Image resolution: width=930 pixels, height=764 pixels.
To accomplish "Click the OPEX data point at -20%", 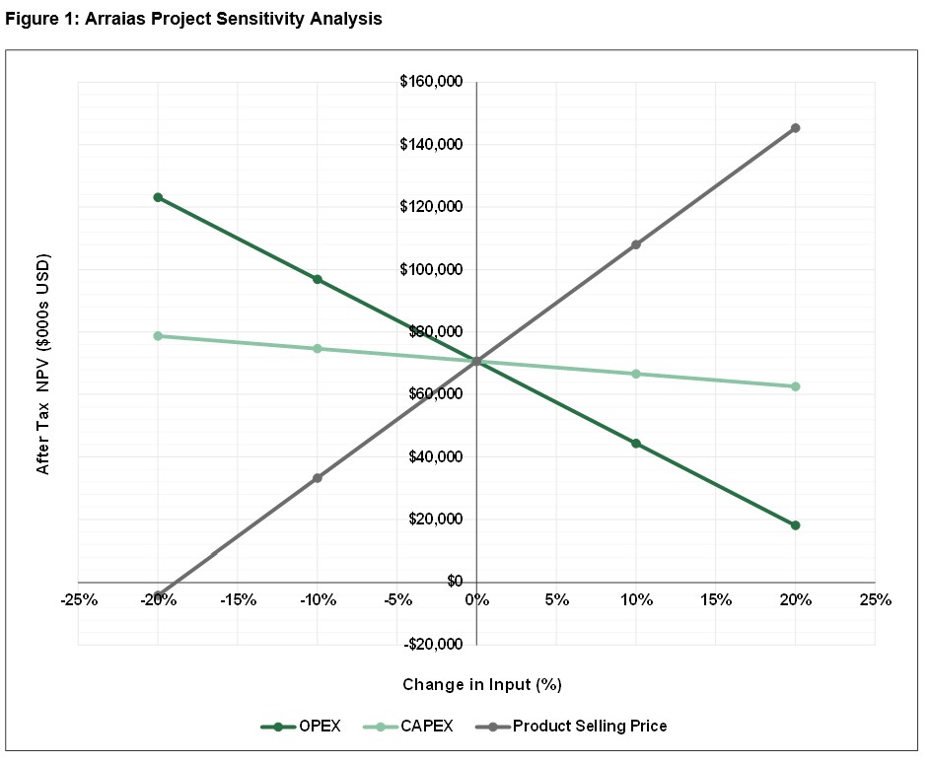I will (158, 197).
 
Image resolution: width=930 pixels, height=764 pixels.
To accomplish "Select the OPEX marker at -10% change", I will (318, 279).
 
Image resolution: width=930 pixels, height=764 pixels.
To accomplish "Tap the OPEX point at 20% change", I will (795, 525).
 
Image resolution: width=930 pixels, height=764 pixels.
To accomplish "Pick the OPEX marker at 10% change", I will (636, 444).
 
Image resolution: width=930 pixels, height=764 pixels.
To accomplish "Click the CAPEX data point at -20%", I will (158, 336).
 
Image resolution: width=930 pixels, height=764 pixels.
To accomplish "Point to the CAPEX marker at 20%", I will (795, 386).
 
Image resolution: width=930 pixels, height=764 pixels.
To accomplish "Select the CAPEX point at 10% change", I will (636, 374).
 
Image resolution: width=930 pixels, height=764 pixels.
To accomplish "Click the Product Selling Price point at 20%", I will (795, 128).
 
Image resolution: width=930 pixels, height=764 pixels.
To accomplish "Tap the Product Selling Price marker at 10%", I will (636, 244).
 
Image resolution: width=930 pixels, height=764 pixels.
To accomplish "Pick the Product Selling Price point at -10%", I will (318, 478).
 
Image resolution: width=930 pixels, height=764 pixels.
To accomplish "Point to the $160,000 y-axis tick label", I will (432, 82).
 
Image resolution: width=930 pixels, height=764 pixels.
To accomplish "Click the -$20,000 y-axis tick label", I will (433, 645).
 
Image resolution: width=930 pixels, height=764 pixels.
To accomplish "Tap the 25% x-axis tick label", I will (875, 599).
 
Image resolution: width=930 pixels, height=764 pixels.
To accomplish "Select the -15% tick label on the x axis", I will (238, 599).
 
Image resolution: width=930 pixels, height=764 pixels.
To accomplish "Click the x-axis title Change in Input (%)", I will (482, 684).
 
